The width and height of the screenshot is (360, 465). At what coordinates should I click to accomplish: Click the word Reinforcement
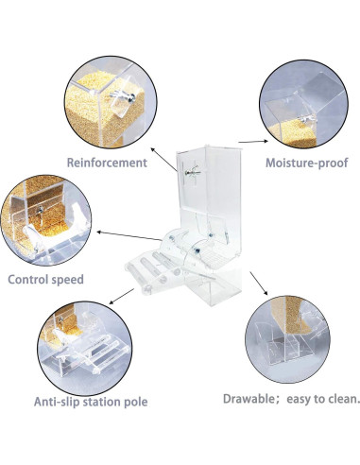click(106, 162)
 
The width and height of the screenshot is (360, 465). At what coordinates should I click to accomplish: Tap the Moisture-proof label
click(307, 163)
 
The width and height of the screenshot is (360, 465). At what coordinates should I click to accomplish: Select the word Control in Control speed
click(32, 280)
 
